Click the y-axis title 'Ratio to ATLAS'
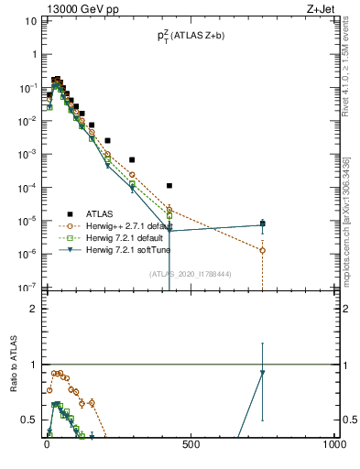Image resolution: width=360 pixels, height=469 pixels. [x=13, y=366]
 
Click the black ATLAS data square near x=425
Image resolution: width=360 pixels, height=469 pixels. [x=169, y=186]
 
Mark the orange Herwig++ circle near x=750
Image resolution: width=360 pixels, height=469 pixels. [x=263, y=250]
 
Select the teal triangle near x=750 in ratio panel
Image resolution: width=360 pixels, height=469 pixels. [x=263, y=373]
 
